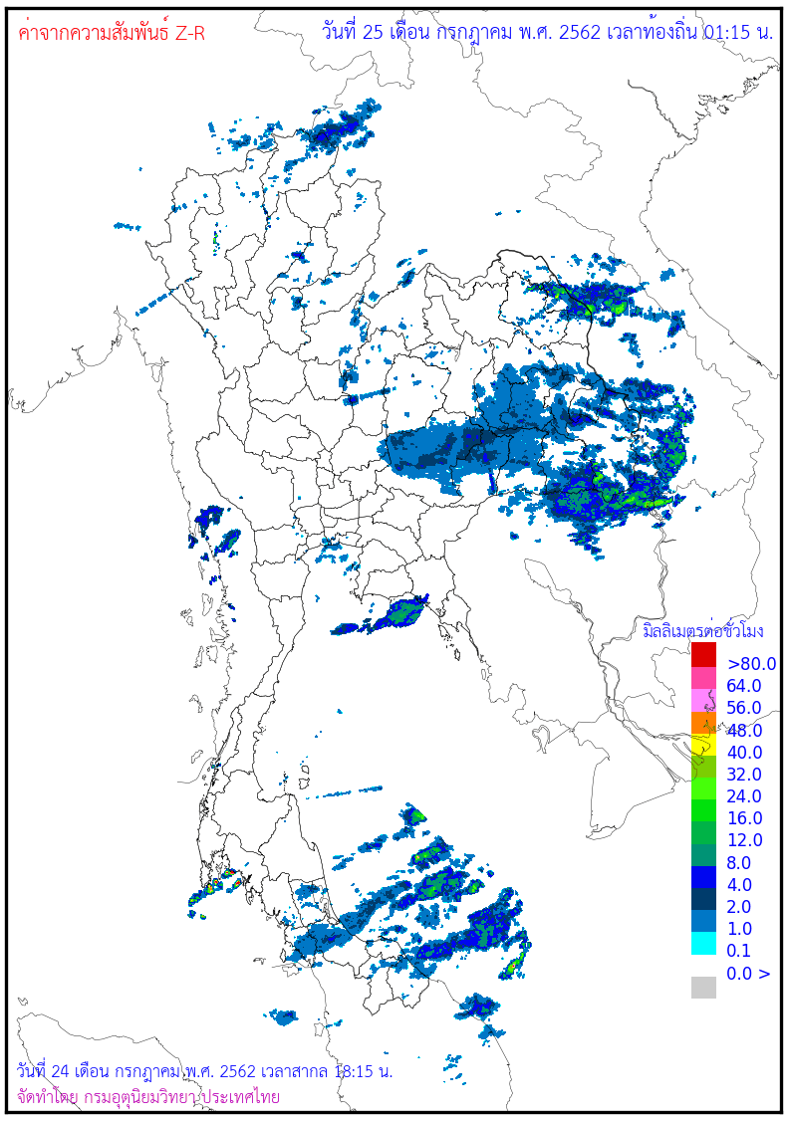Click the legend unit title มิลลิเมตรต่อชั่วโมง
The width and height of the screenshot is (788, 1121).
coord(702,631)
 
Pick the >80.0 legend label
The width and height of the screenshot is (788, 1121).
coord(751,664)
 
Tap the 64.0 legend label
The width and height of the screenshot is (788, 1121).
coord(744,686)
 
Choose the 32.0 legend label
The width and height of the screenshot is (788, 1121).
coord(744,775)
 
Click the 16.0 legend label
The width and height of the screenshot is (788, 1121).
coord(744,818)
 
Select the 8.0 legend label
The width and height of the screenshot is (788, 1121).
coord(740,863)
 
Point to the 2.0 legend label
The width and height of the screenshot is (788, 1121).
coord(740,907)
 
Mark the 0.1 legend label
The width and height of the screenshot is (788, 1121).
coord(740,951)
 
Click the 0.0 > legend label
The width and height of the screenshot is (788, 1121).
coord(748,974)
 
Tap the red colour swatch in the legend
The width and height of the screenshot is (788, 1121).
coord(704,655)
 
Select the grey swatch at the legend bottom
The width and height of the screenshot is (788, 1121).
coord(704,987)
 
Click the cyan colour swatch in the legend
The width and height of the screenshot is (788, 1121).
coord(704,943)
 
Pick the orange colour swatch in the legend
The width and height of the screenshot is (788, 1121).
coord(704,723)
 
